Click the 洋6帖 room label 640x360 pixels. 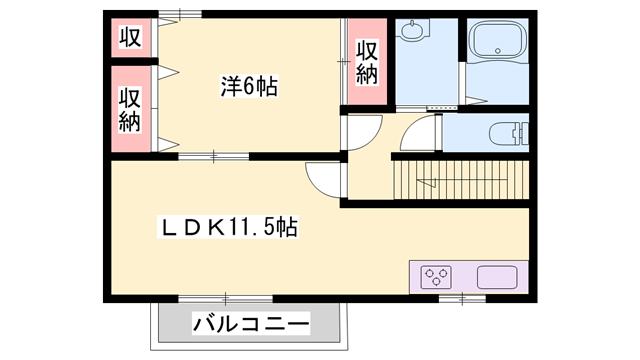[x=249, y=88]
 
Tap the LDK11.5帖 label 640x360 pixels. [x=229, y=227]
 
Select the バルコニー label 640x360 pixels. [x=251, y=324]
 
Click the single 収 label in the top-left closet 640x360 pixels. [x=130, y=38]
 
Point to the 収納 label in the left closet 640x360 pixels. [x=130, y=109]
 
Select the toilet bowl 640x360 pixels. [x=506, y=131]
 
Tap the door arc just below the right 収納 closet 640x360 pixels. [x=364, y=130]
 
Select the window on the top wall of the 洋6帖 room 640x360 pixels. [x=179, y=14]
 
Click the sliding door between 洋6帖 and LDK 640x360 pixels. [x=213, y=156]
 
